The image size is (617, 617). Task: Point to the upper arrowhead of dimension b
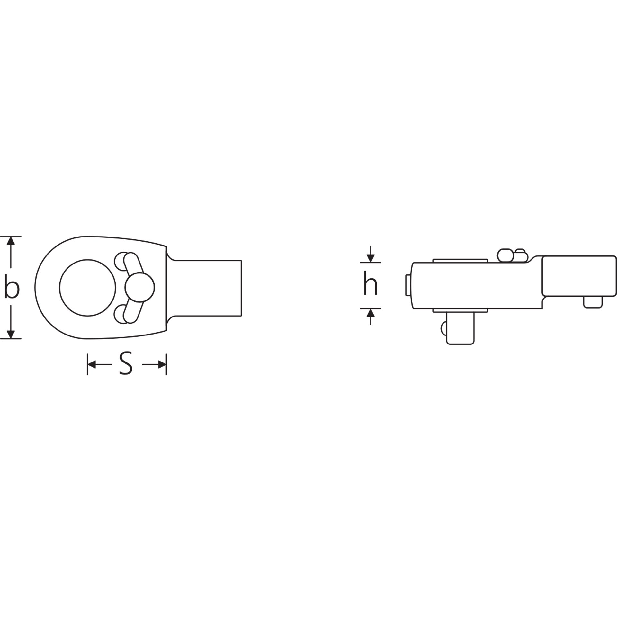point(11,242)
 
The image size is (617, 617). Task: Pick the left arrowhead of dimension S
point(93,364)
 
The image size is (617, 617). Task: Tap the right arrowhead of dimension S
point(161,364)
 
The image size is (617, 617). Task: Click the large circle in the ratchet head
point(87,288)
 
